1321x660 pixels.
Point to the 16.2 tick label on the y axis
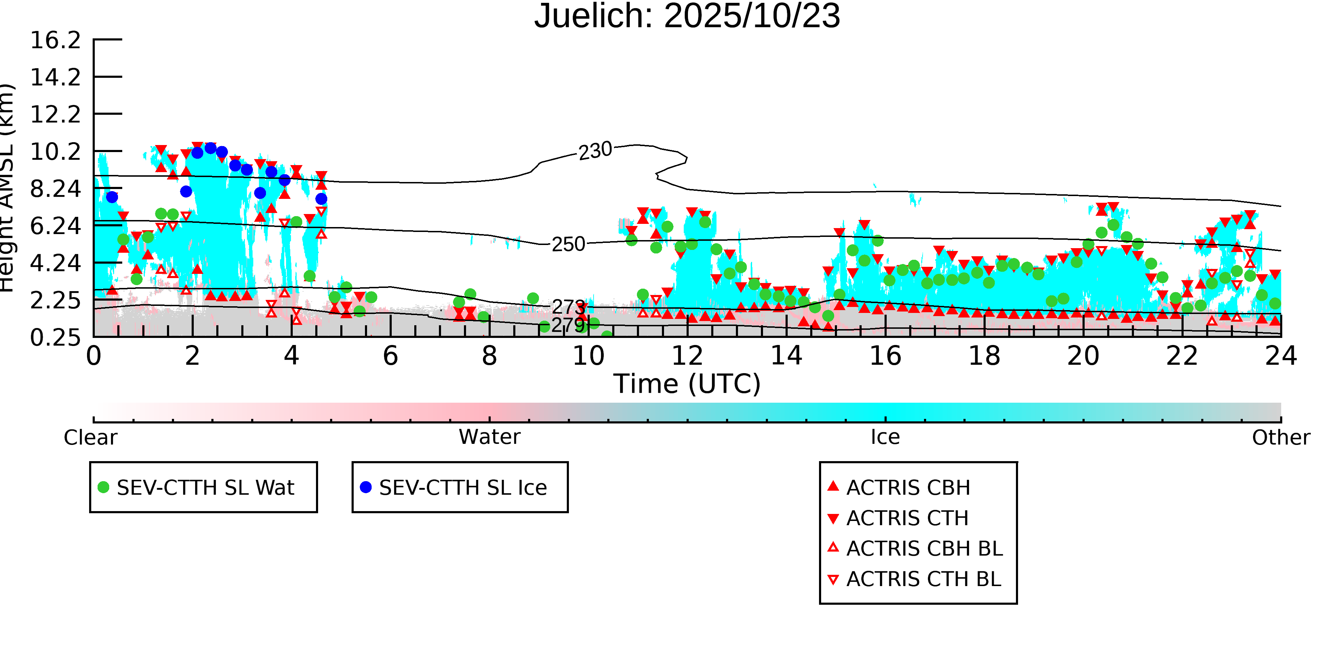click(x=55, y=40)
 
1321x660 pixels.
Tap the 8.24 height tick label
click(x=55, y=189)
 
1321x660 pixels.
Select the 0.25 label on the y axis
click(x=55, y=338)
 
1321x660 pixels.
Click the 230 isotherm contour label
click(x=595, y=151)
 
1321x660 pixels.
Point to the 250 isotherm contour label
click(x=568, y=244)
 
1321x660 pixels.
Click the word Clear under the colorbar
click(x=90, y=438)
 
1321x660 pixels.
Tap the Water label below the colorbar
click(x=489, y=437)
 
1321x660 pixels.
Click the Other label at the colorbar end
click(x=1280, y=438)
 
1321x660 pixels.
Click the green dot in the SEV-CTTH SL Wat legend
click(x=104, y=487)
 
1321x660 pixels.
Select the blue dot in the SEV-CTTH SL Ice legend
click(x=366, y=487)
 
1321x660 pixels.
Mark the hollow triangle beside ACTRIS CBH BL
click(x=833, y=548)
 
